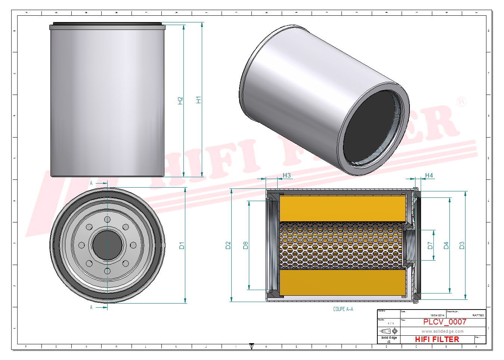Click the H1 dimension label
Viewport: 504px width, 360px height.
(198, 100)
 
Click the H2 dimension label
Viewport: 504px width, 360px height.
(180, 101)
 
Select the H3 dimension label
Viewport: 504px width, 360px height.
(287, 175)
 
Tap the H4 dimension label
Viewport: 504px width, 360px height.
(429, 175)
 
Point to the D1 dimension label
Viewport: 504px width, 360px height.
(182, 246)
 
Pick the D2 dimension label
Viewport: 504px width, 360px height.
(228, 246)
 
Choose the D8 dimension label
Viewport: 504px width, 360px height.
(245, 246)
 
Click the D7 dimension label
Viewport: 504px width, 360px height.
(430, 246)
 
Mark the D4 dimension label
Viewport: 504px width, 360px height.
(446, 246)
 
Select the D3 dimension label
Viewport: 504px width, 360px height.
(462, 246)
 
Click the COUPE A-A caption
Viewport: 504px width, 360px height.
(343, 309)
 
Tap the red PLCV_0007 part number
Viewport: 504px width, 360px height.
(445, 322)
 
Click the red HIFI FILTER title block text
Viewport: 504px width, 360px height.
(437, 339)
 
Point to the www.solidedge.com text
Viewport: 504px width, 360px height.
(442, 331)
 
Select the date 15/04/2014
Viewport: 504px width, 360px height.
(437, 316)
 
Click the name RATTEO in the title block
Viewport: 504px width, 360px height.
(478, 316)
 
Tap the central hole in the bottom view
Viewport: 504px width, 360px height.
(107, 245)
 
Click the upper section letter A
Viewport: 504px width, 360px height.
(91, 183)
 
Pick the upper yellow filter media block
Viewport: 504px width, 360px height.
(343, 208)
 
